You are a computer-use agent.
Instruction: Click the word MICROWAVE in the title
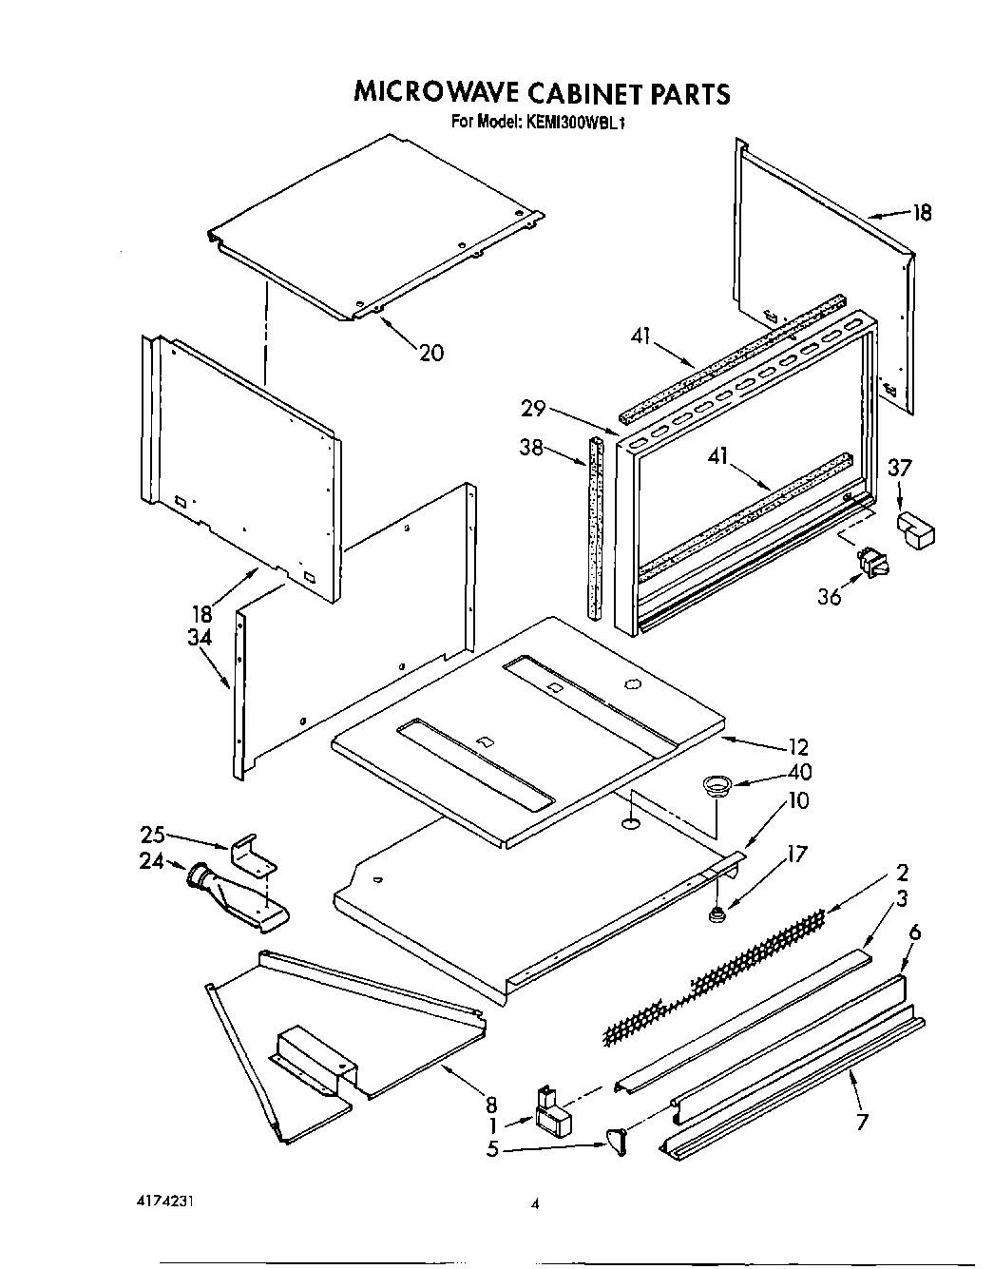(x=435, y=93)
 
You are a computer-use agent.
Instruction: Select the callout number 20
(x=430, y=353)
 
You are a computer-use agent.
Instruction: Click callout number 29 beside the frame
(x=533, y=408)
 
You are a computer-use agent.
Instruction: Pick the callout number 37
(x=900, y=467)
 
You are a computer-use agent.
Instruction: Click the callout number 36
(x=830, y=597)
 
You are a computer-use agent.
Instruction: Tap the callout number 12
(x=797, y=747)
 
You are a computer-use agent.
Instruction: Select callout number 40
(x=799, y=773)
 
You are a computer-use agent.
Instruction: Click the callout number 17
(x=795, y=855)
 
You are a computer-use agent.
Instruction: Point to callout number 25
(x=153, y=835)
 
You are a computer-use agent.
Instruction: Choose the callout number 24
(x=153, y=862)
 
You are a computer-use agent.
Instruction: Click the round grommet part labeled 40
(x=716, y=784)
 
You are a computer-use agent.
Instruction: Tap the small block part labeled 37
(x=915, y=529)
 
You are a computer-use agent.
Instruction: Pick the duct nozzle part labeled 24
(x=233, y=896)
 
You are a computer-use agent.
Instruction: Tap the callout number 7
(x=862, y=1123)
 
